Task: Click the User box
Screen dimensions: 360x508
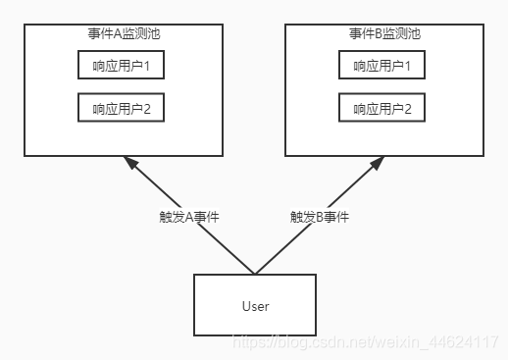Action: (x=255, y=305)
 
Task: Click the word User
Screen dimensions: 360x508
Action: (x=255, y=306)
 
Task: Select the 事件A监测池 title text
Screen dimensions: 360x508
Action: (x=124, y=33)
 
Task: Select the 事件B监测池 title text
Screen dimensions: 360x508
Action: (x=384, y=33)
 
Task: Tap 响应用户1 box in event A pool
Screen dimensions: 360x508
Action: (x=122, y=65)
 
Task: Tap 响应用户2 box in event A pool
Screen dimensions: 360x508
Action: (x=122, y=107)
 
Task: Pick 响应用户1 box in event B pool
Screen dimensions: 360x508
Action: (x=382, y=65)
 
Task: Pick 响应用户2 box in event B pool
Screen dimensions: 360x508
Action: (x=382, y=107)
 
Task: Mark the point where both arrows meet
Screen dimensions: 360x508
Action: (x=255, y=274)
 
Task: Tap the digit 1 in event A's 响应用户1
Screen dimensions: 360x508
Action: (x=146, y=65)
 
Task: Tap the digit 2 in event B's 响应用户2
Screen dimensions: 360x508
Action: (x=407, y=107)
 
